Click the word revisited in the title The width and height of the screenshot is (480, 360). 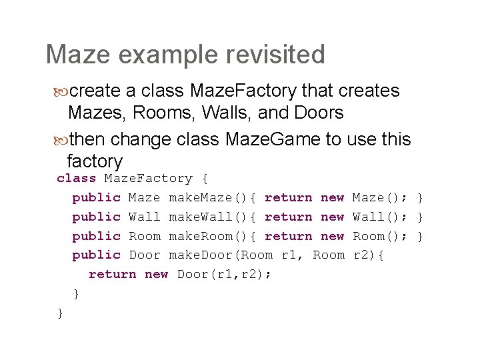point(264,55)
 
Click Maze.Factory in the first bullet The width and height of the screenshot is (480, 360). point(244,91)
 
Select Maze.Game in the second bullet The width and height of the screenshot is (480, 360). point(270,139)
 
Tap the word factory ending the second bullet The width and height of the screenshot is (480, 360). point(95,161)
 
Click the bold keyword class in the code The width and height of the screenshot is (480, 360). point(76,179)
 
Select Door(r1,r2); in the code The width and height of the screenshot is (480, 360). point(224,274)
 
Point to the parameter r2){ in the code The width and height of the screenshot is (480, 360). point(368,255)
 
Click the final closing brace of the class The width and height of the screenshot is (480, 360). point(61,312)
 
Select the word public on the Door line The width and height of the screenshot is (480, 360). point(96,255)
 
